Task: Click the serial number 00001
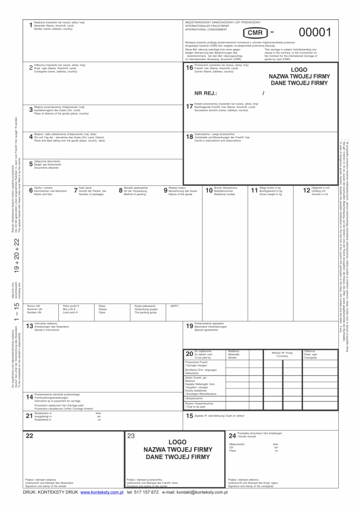(314, 33)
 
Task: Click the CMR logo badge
(255, 33)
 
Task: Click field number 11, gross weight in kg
(254, 190)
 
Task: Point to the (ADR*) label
(174, 306)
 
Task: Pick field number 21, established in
(29, 416)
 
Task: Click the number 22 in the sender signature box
(30, 436)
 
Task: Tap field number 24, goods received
(233, 435)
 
